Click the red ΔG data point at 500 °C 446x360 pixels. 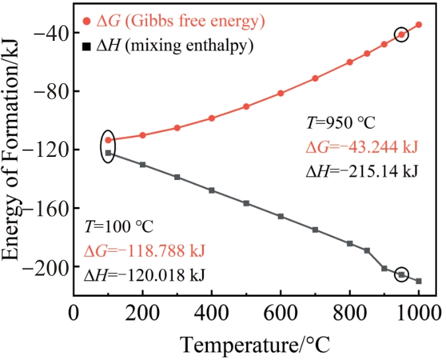(246, 106)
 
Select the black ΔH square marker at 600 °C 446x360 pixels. (280, 216)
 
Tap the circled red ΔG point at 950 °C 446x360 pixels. (401, 35)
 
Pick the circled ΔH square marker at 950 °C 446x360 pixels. (401, 274)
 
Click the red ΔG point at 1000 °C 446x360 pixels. (419, 24)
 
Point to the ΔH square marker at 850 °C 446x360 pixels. (367, 251)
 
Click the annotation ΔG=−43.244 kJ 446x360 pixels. (362, 147)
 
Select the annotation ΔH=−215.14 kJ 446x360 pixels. (362, 171)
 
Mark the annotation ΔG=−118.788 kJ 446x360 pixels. (144, 251)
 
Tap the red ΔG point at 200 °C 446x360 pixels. (143, 135)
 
